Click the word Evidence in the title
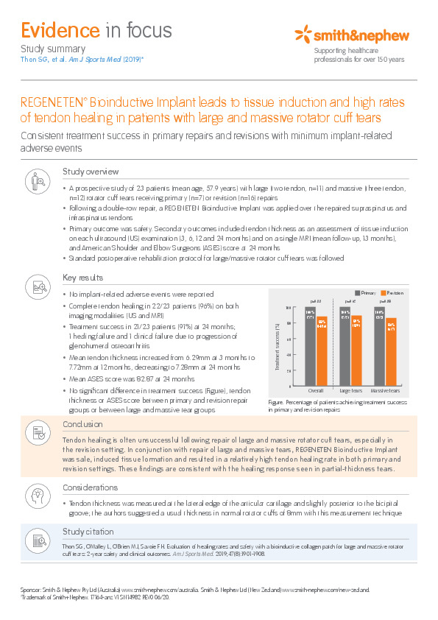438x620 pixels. point(59,30)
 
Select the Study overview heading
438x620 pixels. point(91,172)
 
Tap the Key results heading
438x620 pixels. point(84,278)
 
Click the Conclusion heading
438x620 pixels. point(82,424)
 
